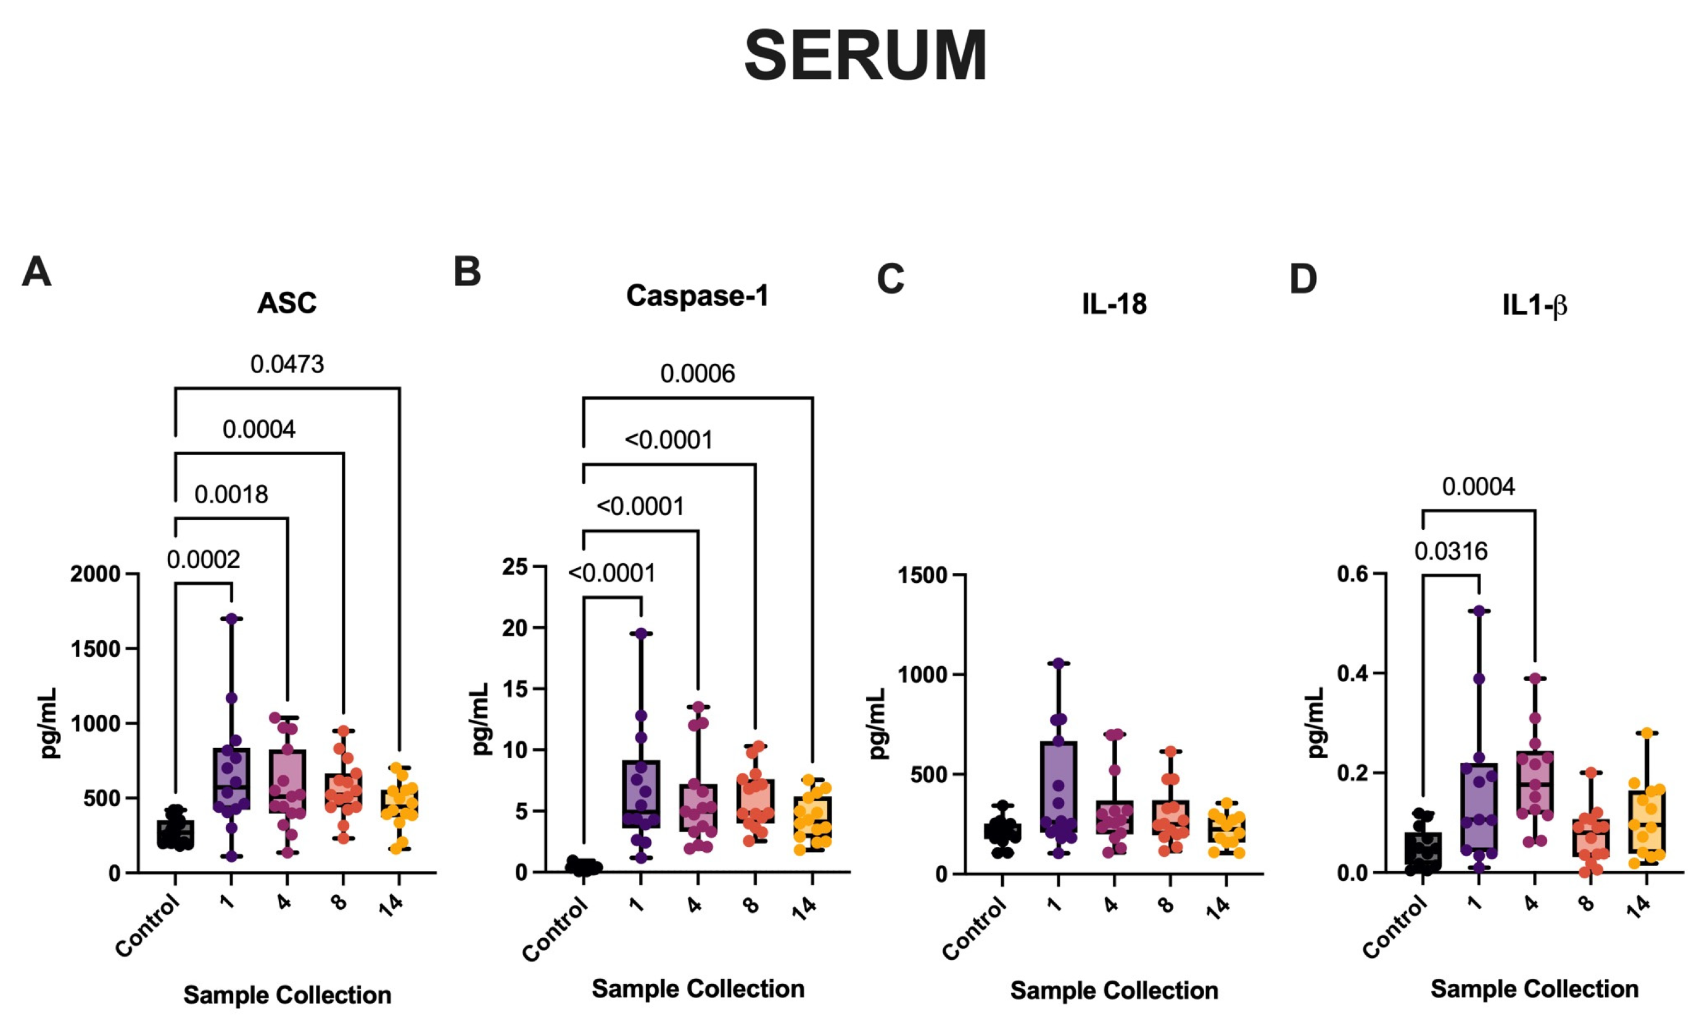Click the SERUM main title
[866, 56]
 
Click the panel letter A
[36, 271]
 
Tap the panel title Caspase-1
[697, 295]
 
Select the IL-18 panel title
[1115, 303]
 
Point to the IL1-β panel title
[1534, 305]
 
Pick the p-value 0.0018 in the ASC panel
[231, 494]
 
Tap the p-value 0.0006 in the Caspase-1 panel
[697, 374]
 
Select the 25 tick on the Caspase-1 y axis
[515, 567]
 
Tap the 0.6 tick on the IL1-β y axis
[1352, 574]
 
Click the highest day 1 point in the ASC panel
[231, 619]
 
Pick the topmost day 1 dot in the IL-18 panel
[1059, 663]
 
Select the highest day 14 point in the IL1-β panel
[1646, 733]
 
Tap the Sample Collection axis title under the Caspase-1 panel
[698, 989]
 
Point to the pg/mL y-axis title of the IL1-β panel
[1315, 723]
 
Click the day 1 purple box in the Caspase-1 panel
[641, 794]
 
